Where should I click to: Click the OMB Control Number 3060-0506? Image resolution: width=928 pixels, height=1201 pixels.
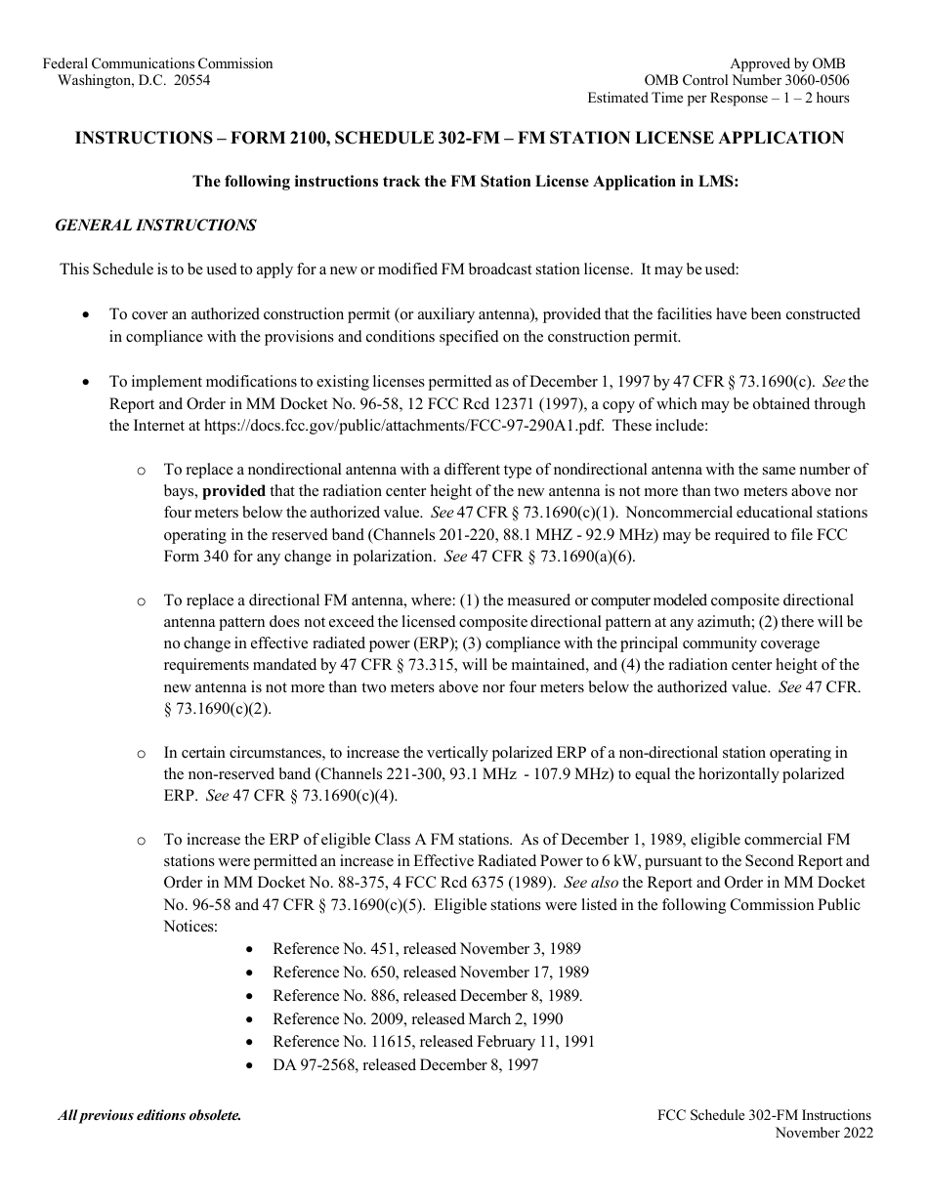coord(746,81)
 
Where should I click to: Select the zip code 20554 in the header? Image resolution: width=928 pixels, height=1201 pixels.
coord(190,81)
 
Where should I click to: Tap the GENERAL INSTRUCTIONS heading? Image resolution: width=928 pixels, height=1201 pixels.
coord(155,226)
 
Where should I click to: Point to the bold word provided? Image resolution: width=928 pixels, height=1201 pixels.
coord(234,491)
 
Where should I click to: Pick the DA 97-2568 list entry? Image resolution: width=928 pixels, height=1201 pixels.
coord(314,1065)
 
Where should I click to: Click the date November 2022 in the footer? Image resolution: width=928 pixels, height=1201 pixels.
coord(823,1133)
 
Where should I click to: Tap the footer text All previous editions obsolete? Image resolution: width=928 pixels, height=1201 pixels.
coord(149,1115)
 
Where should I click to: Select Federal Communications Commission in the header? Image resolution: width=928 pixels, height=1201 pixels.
coord(158,63)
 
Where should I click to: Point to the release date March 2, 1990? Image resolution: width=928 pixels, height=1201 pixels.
coord(517,1018)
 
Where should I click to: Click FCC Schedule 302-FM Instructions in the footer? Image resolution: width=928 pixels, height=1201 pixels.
coord(766,1115)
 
